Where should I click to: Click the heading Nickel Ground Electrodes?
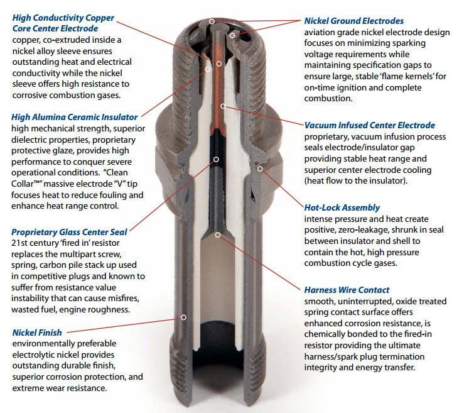coord(353,21)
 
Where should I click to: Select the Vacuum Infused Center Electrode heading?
coord(369,125)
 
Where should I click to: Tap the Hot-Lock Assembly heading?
coord(342,207)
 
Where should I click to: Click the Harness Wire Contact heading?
coord(347,290)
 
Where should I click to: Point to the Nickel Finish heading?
coord(37,333)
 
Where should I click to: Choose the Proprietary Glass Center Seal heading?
coord(69,232)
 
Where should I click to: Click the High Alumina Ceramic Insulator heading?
coord(74,117)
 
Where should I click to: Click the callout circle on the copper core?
coord(219,63)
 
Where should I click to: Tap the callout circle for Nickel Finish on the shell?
coord(183,317)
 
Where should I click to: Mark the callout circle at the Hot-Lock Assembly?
coord(260,168)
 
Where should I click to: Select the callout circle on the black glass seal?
coord(216,159)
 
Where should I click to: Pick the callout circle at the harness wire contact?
coord(218,234)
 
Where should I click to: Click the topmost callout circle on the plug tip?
coord(212,21)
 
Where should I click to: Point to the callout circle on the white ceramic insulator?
coord(208,69)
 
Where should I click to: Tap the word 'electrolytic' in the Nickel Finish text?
coord(30,355)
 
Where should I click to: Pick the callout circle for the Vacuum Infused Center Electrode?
coord(223,106)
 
